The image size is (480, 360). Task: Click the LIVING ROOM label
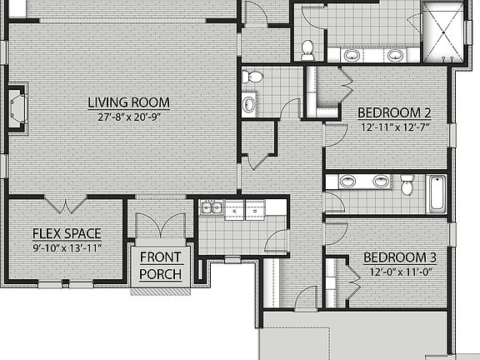click(129, 103)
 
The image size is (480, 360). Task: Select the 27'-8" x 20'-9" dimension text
click(129, 117)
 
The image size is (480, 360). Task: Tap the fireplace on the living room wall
click(16, 107)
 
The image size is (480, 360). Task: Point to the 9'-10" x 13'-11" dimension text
click(67, 248)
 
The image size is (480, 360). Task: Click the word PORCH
click(161, 274)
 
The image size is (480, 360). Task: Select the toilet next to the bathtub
click(407, 185)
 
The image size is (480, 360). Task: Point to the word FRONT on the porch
click(160, 257)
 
